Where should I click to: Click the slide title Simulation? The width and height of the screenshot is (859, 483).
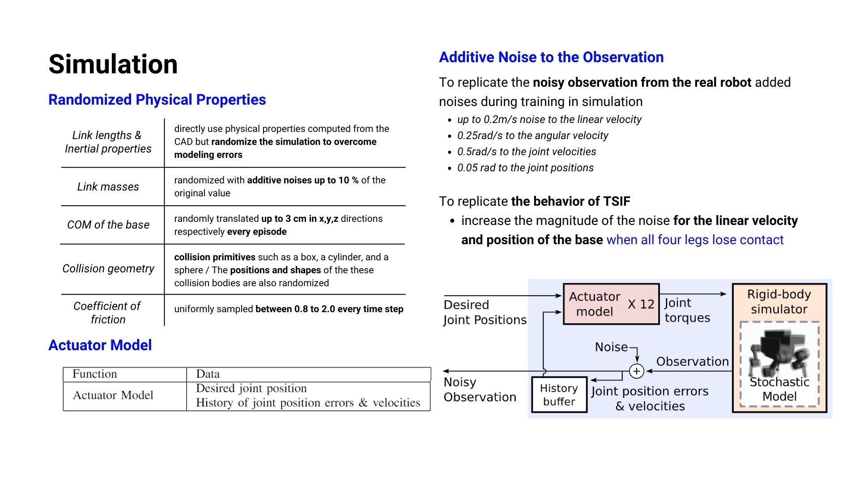[x=113, y=64]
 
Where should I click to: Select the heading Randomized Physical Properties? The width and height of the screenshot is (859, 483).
[x=157, y=100]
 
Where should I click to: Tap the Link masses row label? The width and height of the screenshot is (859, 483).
[x=108, y=186]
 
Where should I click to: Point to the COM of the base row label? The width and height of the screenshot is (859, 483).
[x=108, y=225]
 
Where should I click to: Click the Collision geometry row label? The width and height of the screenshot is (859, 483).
[x=108, y=268]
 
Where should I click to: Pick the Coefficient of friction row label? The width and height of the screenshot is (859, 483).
[x=107, y=313]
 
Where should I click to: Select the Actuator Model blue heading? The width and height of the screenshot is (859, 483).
[x=100, y=345]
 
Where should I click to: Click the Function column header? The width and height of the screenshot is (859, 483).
[x=95, y=374]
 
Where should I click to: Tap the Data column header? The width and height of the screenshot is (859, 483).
[x=208, y=374]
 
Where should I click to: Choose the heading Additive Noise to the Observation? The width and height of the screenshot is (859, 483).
[x=551, y=57]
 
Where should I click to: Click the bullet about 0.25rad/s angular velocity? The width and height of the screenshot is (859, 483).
[x=533, y=136]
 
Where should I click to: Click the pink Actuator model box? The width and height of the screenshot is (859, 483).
[x=611, y=304]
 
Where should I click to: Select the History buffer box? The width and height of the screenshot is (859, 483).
[x=559, y=394]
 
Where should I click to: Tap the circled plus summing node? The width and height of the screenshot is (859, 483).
[x=637, y=371]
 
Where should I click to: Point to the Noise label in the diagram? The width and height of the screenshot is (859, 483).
[x=611, y=347]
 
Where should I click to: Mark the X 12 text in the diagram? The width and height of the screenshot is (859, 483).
[x=641, y=305]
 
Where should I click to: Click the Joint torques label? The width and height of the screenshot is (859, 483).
[x=687, y=310]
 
